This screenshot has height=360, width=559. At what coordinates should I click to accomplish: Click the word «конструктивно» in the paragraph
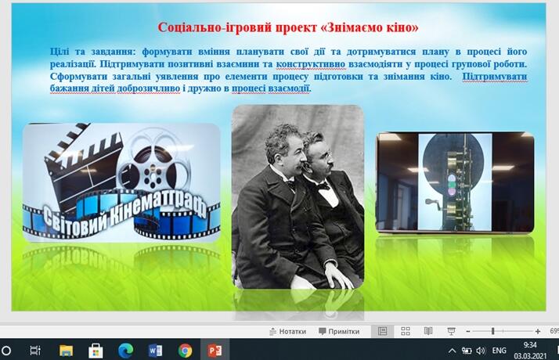point(311,64)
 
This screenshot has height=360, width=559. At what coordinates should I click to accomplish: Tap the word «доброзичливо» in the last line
point(149,88)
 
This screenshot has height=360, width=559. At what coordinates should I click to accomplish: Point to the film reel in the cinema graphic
point(153,167)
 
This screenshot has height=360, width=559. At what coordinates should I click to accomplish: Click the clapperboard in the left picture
point(84,167)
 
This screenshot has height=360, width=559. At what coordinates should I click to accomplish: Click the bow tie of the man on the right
point(323,186)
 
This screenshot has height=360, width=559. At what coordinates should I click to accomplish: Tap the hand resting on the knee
point(338,274)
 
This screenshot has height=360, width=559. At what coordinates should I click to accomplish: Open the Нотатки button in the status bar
point(287,332)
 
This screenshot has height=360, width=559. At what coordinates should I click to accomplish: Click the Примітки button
point(339,332)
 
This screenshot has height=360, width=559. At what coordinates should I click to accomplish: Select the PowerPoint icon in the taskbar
point(215,351)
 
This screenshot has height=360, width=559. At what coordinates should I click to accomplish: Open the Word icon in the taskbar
point(155,351)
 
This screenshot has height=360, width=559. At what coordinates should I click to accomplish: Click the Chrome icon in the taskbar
point(185,351)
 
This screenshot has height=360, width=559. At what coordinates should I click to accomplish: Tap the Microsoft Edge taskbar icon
point(125,351)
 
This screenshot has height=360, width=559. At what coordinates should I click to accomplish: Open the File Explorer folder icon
point(66,351)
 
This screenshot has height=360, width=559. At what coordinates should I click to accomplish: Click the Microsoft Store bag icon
point(96,351)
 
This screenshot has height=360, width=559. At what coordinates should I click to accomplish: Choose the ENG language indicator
point(499,351)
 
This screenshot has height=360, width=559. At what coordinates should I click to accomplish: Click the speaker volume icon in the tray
point(481,351)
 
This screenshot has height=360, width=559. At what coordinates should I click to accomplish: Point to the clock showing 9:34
point(530,345)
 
